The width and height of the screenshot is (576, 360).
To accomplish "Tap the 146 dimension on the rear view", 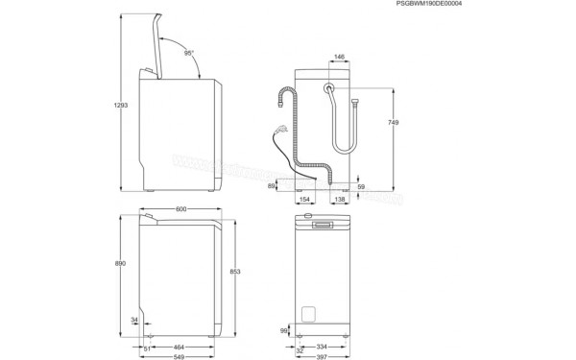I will (x=339, y=57).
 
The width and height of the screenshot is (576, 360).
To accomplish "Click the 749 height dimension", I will (x=393, y=123).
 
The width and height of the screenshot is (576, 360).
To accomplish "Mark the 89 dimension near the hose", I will (x=272, y=187).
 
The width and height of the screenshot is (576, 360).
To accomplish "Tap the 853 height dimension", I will (x=248, y=272).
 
